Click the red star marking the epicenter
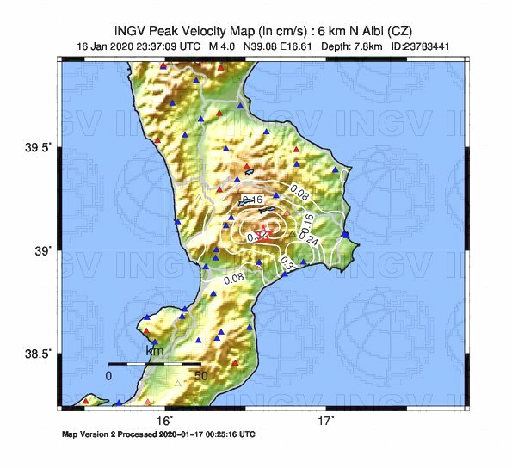pyautogui.click(x=265, y=233)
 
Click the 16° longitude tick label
pyautogui.click(x=165, y=421)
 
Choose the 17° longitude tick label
pyautogui.click(x=325, y=421)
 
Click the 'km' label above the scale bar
pyautogui.click(x=155, y=351)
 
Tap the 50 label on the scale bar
pyautogui.click(x=200, y=376)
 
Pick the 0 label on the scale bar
pyautogui.click(x=109, y=376)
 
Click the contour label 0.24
pyautogui.click(x=312, y=240)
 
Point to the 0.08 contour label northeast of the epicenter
pyautogui.click(x=300, y=188)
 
